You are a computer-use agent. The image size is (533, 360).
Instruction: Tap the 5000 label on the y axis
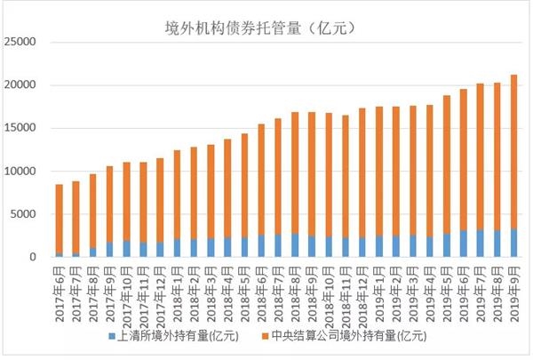[x=24, y=214]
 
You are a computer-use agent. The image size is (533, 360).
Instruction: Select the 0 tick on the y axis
[x=34, y=258]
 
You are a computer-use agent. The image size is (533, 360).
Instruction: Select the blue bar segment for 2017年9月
[x=109, y=250]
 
